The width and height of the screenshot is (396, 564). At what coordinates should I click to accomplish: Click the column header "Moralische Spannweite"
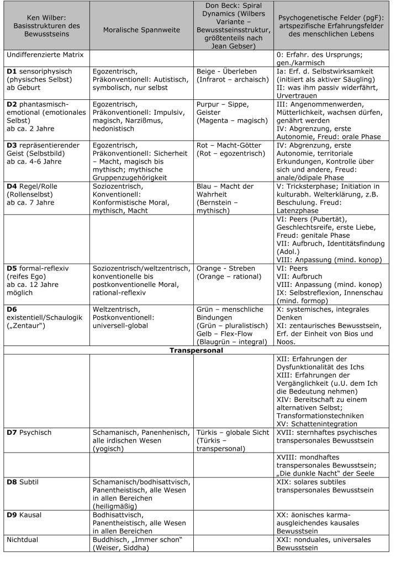point(142,30)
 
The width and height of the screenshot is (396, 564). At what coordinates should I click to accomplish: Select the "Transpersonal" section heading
point(197,350)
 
